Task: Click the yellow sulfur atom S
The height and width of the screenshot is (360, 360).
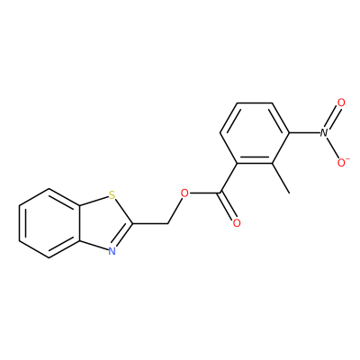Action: [x=112, y=196]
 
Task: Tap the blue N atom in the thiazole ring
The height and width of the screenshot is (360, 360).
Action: [x=112, y=251]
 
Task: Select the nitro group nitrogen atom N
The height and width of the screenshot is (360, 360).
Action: [x=323, y=133]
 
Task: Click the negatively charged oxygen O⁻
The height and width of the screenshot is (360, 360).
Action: [x=342, y=162]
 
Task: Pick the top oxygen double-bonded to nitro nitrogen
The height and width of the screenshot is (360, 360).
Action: [x=341, y=103]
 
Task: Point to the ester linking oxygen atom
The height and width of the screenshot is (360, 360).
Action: [x=184, y=193]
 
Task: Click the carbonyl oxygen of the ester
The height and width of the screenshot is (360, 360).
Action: [x=237, y=223]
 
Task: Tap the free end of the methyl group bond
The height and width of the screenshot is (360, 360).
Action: [x=289, y=193]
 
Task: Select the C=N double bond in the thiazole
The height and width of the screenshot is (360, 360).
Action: [x=122, y=235]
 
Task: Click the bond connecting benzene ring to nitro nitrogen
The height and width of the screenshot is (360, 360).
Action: [x=304, y=133]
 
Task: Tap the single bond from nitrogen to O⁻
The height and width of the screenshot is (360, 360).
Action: [x=332, y=148]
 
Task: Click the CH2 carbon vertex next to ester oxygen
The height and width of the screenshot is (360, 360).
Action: [x=167, y=223]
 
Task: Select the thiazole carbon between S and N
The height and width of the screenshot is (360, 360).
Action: [x=133, y=223]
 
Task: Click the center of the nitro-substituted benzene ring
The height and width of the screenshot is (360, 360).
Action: [x=255, y=133]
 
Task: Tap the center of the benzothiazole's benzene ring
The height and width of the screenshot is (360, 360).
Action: [x=49, y=223]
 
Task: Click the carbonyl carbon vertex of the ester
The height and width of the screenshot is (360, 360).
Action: [x=220, y=193]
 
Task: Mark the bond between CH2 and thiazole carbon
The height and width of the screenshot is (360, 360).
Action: [x=150, y=223]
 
